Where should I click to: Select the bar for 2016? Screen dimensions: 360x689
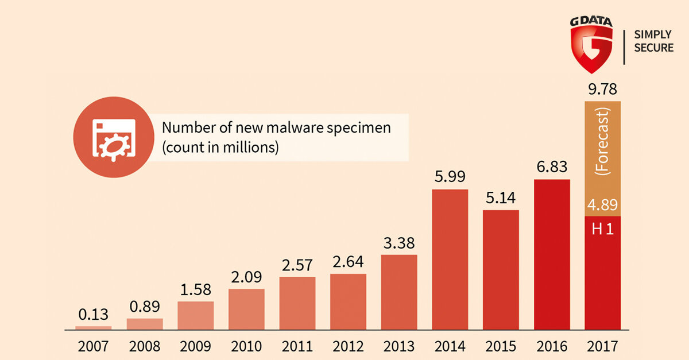552,255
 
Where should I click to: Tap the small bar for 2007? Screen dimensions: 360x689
94,328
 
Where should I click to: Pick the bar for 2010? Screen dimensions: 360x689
246,309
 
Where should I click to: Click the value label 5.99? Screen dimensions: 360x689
450,176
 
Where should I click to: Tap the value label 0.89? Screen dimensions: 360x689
145,306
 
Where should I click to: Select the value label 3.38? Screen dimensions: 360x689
399,242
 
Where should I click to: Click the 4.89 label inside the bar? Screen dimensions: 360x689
602,205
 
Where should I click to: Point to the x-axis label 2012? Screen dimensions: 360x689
348,347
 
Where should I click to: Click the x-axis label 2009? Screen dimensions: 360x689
195,347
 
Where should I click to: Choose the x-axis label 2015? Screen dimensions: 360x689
501,347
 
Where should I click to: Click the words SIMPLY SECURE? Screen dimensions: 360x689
653,41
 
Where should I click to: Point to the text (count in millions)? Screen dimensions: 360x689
220,147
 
